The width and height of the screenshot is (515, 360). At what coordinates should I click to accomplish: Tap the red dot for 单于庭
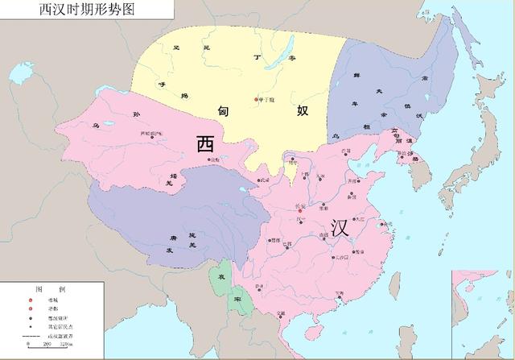click(257, 100)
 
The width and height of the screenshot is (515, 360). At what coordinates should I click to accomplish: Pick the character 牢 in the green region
click(238, 299)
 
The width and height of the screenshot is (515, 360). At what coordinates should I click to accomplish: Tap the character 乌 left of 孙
click(74, 125)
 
